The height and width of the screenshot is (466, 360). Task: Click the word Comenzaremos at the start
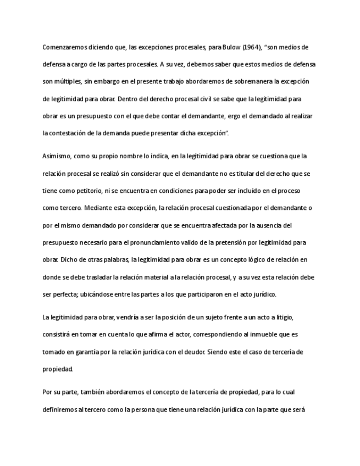[63, 47]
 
